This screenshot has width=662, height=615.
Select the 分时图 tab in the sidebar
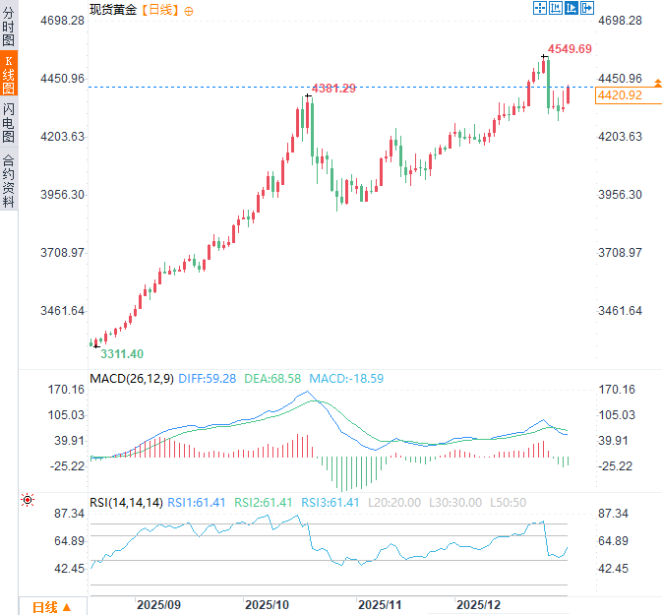[9, 28]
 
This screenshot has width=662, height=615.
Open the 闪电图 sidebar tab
[9, 122]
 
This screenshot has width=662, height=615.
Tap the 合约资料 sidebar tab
[9, 181]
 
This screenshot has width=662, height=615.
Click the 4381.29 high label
[333, 89]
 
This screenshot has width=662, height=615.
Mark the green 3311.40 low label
[120, 354]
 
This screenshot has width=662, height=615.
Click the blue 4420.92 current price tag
[620, 95]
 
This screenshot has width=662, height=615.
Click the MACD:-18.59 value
[346, 378]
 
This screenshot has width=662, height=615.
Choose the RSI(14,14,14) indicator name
[126, 502]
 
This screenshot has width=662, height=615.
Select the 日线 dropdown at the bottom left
[50, 606]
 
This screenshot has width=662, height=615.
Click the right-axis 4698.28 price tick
[620, 21]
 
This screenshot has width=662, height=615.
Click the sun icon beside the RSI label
[28, 501]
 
